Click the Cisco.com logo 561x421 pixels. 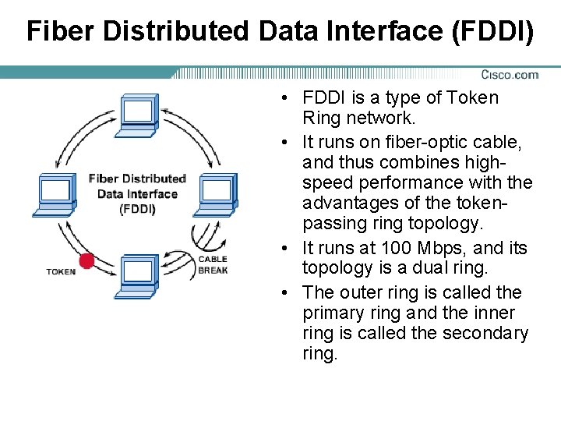click(509, 75)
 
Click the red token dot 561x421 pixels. click(86, 260)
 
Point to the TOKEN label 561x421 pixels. click(61, 272)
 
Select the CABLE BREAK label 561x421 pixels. click(213, 265)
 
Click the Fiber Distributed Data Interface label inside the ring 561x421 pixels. click(137, 193)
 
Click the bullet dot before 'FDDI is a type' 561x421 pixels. click(288, 99)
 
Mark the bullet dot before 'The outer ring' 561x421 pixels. click(288, 293)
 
